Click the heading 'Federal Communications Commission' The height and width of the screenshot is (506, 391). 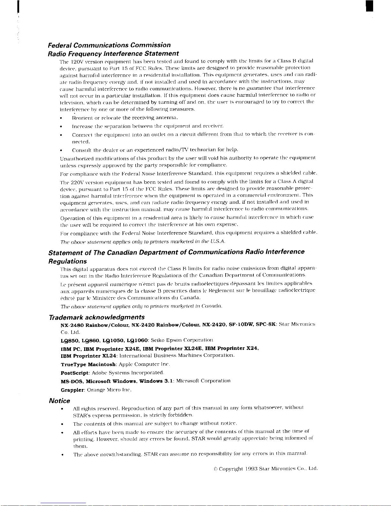109,45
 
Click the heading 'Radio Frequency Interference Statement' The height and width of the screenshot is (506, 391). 113,53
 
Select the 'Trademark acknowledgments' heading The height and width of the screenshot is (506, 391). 97,317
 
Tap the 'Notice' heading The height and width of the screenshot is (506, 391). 59,401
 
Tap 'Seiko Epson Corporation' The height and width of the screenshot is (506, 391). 182,340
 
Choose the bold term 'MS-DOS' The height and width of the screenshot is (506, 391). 72,381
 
